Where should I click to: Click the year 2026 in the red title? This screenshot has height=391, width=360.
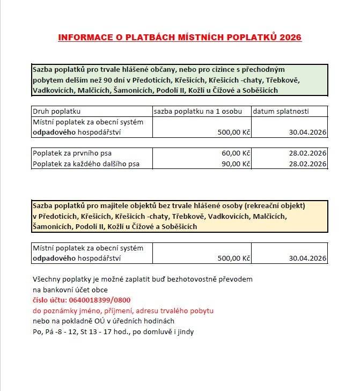(x=290, y=38)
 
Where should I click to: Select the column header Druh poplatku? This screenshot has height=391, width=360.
(x=57, y=111)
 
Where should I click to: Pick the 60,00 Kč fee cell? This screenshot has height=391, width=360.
(x=236, y=153)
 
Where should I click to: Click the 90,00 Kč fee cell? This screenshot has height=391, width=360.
(x=236, y=164)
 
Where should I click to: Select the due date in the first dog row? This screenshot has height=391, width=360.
(x=307, y=153)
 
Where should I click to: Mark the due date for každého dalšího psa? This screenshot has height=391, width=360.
(x=307, y=164)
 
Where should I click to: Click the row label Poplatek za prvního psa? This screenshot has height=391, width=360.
(x=72, y=153)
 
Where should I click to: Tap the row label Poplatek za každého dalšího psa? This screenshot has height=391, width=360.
(x=86, y=164)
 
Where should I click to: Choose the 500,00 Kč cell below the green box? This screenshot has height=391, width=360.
(x=234, y=132)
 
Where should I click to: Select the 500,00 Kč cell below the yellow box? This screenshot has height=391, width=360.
(x=234, y=258)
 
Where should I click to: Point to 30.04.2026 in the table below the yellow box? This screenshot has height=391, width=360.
(x=307, y=258)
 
